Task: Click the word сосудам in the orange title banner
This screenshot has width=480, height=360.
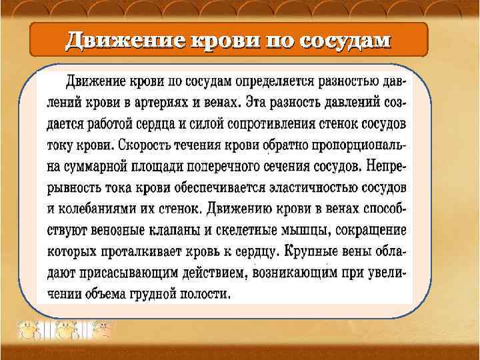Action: (x=345, y=41)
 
